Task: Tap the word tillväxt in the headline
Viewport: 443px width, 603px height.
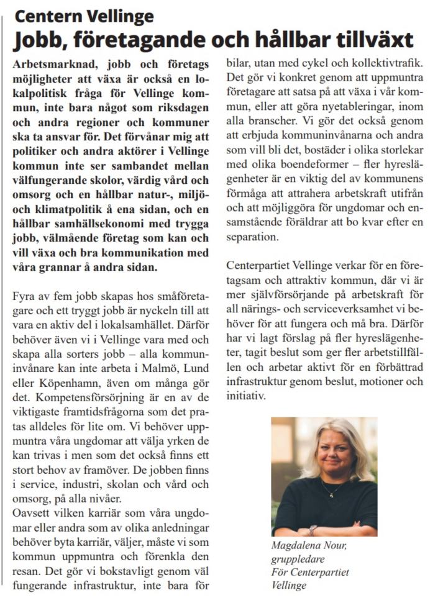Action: click(x=372, y=40)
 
